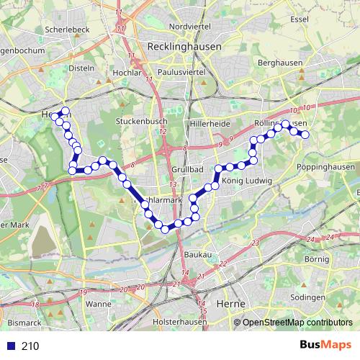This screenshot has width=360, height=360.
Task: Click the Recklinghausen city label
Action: click(184, 45)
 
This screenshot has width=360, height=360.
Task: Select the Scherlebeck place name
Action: click(66, 29)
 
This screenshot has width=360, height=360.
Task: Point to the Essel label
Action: click(300, 19)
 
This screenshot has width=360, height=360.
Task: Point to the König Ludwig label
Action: click(247, 180)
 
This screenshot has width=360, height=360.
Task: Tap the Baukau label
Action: click(197, 255)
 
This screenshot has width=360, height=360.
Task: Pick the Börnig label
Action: click(316, 258)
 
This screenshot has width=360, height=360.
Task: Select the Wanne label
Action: click(98, 304)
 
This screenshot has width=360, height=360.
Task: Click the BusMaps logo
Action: click(325, 345)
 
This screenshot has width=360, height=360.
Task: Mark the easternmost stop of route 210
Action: click(305, 135)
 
